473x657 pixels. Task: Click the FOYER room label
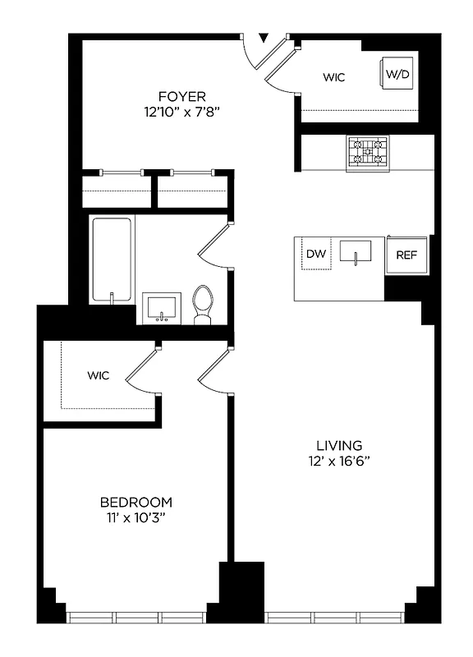pos(182,96)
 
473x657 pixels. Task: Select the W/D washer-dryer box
pos(397,74)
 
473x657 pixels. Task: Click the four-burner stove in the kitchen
pos(367,153)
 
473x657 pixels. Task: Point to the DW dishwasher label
pos(316,254)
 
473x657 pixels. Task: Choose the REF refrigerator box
pos(406,255)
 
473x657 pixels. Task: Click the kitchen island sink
pos(355,254)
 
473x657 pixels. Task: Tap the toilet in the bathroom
pos(202,303)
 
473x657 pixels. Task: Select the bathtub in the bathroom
pos(112,260)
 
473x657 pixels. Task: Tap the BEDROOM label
pos(136,502)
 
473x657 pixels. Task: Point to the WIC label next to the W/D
pos(333,78)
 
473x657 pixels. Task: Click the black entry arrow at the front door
pos(264,38)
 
